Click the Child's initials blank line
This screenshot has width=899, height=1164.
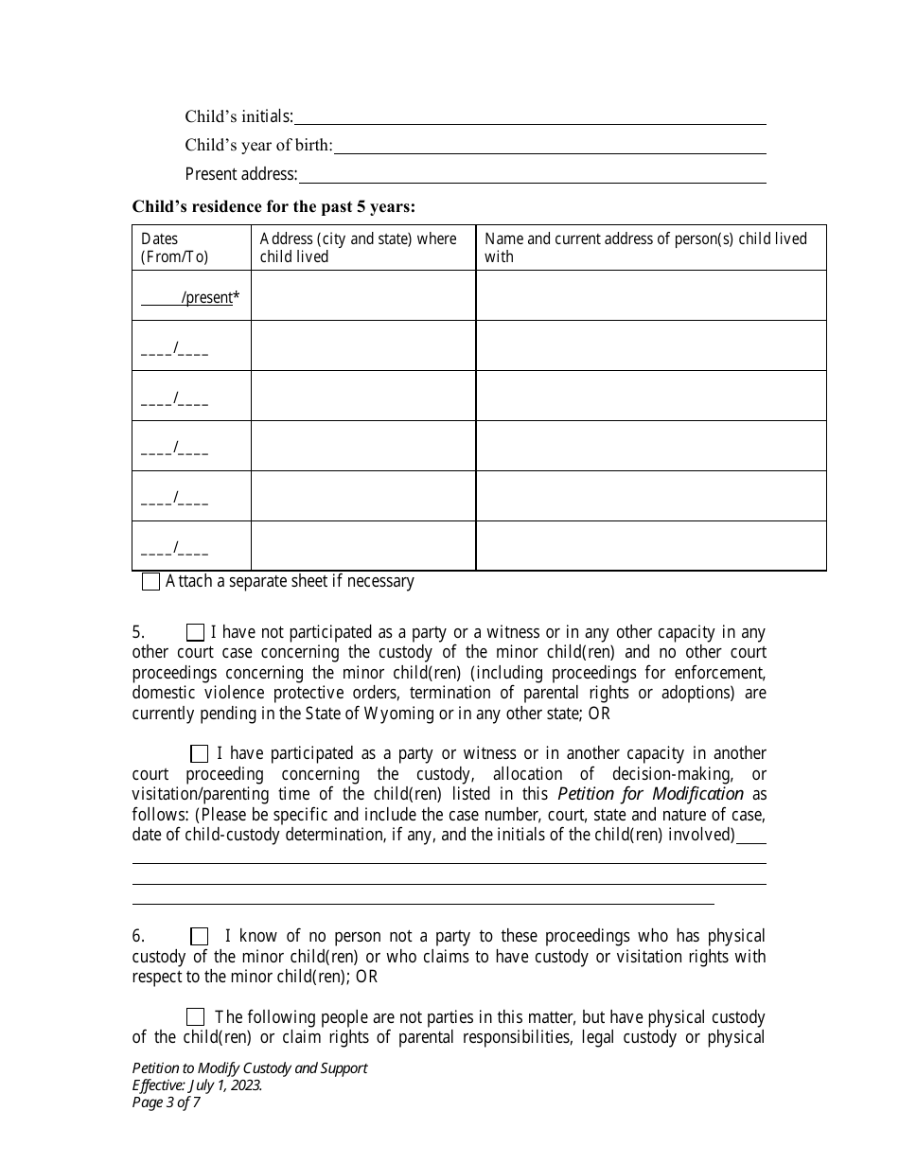pos(530,118)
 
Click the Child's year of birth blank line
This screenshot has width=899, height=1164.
pos(550,148)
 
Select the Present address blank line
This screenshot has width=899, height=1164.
pos(532,177)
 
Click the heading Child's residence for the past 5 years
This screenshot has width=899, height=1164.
pos(273,206)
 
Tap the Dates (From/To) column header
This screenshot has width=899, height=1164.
pos(174,247)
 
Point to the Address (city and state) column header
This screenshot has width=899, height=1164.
pos(358,247)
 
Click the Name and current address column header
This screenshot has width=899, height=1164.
pos(645,247)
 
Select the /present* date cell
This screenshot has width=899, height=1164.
pos(190,297)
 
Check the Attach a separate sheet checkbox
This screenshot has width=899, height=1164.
pos(150,582)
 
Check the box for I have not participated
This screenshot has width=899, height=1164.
pos(195,632)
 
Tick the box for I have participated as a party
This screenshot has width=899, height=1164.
pos(199,753)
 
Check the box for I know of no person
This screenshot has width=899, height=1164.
pos(199,936)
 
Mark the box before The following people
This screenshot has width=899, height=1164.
pos(195,1017)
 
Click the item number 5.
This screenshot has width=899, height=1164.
pos(138,632)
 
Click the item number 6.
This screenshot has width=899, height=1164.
pos(138,936)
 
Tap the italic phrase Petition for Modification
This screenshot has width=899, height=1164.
pos(650,794)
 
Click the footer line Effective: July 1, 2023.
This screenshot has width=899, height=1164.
pos(198,1085)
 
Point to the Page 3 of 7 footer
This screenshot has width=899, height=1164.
pos(167,1102)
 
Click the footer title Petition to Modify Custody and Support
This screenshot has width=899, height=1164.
pos(250,1067)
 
